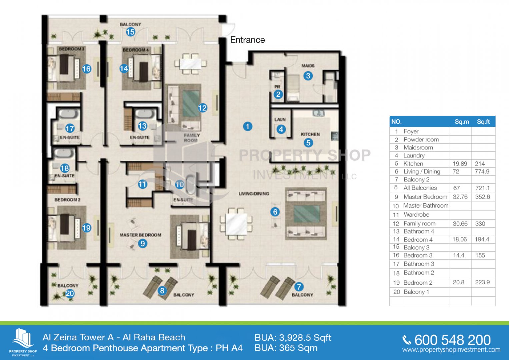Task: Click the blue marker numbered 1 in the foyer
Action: (x=247, y=126)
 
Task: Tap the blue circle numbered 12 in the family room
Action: (x=202, y=108)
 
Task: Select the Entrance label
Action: (x=247, y=40)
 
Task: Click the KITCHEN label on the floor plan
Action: (x=310, y=134)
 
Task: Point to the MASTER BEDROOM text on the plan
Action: (x=140, y=235)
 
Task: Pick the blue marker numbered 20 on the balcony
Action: (x=70, y=294)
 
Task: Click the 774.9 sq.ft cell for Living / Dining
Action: (x=482, y=172)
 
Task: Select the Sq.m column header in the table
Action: (x=462, y=122)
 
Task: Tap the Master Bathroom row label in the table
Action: (x=426, y=206)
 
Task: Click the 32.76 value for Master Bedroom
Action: (x=460, y=197)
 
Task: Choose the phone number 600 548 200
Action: (x=452, y=340)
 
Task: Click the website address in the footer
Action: (x=451, y=350)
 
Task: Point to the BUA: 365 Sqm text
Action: (x=286, y=348)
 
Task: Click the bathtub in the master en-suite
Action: (x=190, y=184)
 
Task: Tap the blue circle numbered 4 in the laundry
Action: (x=281, y=129)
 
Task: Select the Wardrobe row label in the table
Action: (x=416, y=215)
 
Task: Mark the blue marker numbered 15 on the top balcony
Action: (x=130, y=32)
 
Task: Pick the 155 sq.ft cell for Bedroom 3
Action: (x=480, y=255)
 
